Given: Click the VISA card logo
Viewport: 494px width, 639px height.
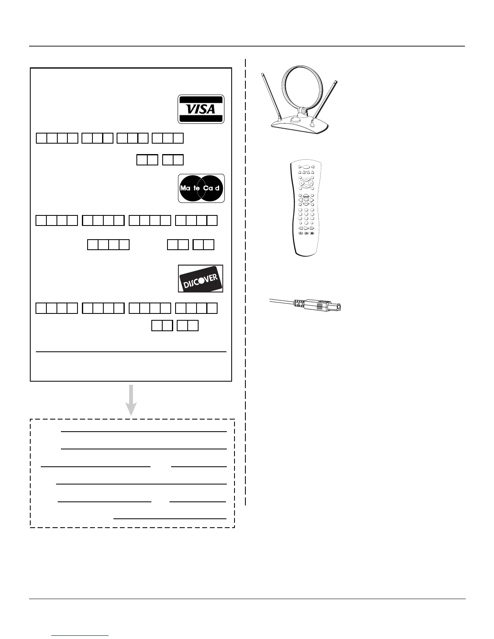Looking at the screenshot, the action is pos(201,109).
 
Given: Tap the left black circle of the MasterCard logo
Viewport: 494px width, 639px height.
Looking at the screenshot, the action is pos(190,188).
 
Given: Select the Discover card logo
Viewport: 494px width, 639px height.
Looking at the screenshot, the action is pos(201,279).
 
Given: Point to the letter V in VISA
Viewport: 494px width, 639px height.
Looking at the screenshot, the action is pos(189,109).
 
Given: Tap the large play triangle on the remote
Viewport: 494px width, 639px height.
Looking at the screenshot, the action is pos(306,228).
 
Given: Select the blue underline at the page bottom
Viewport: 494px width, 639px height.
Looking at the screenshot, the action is pos(80,636).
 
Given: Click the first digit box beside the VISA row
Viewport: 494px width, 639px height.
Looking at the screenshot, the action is pos(42,138).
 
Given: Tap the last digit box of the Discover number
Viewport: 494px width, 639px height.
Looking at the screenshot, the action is pos(212,308).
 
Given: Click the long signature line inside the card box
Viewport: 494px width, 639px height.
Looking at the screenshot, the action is pos(131,352).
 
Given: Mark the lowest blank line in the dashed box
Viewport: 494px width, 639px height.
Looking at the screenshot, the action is pos(170,518).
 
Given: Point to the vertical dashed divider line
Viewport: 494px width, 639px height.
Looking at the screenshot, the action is pos(245,282).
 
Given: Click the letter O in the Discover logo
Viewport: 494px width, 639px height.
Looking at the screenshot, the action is pos(200,281).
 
